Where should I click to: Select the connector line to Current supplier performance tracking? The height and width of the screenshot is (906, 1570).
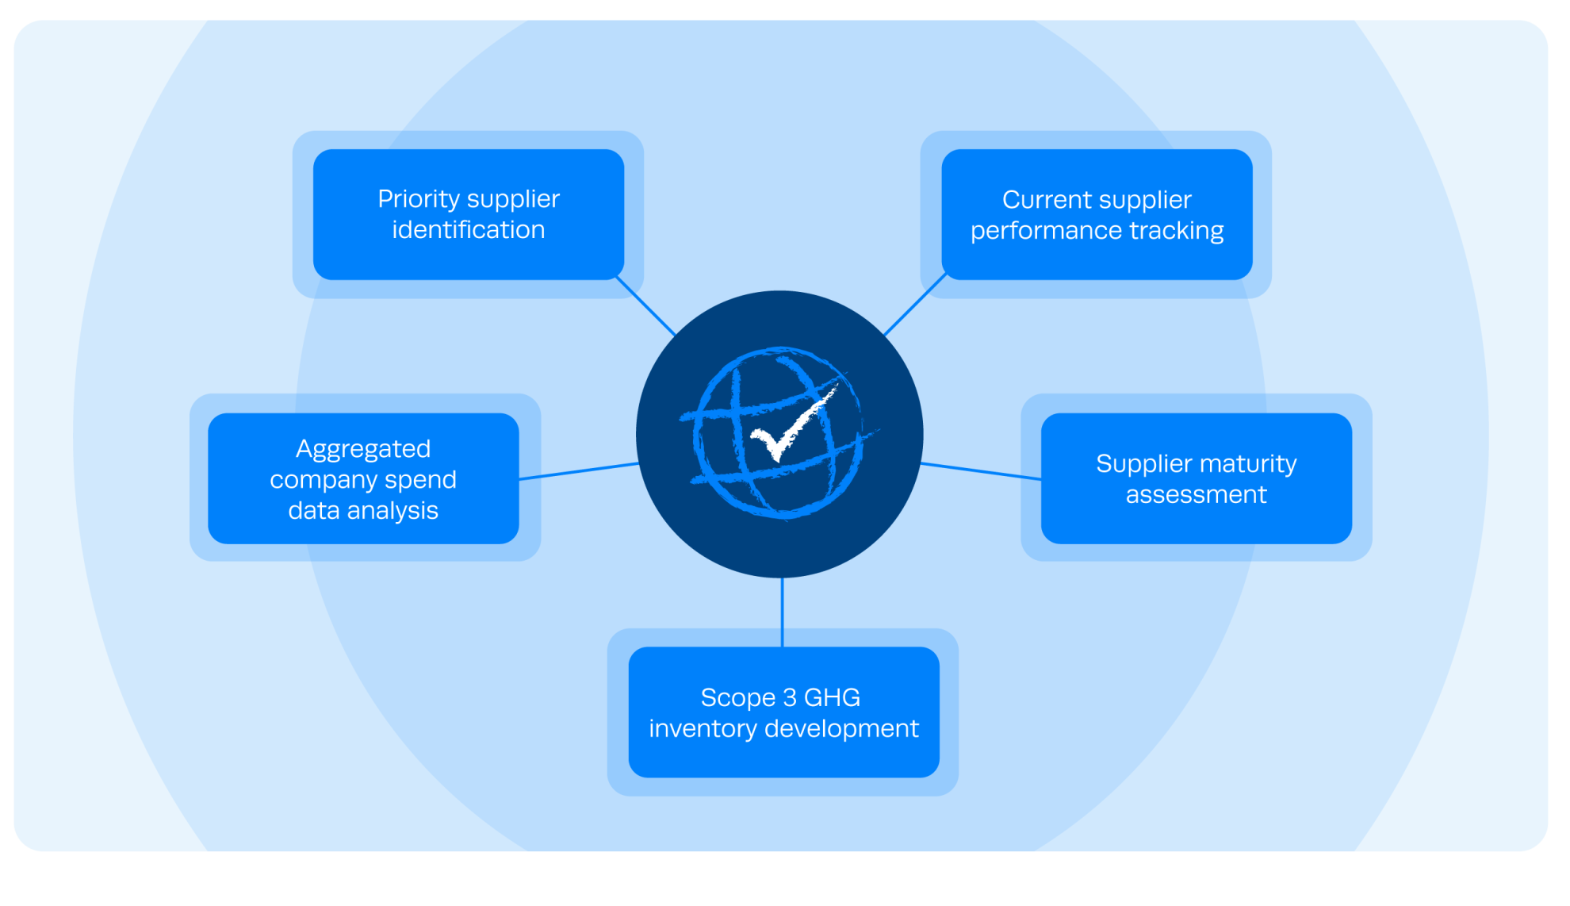click(x=914, y=305)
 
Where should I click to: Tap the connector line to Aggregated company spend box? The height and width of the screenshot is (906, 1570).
click(x=579, y=471)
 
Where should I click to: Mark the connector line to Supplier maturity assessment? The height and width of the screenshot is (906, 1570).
click(x=982, y=471)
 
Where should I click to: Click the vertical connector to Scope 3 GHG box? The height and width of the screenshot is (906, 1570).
click(x=782, y=612)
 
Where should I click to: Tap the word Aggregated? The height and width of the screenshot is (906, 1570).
click(x=363, y=450)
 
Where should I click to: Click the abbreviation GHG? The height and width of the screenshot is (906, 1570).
click(x=832, y=697)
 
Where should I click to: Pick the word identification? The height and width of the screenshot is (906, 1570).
click(x=468, y=230)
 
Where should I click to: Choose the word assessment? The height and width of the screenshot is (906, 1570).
click(x=1196, y=495)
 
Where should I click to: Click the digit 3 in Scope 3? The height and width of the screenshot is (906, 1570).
click(x=789, y=697)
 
